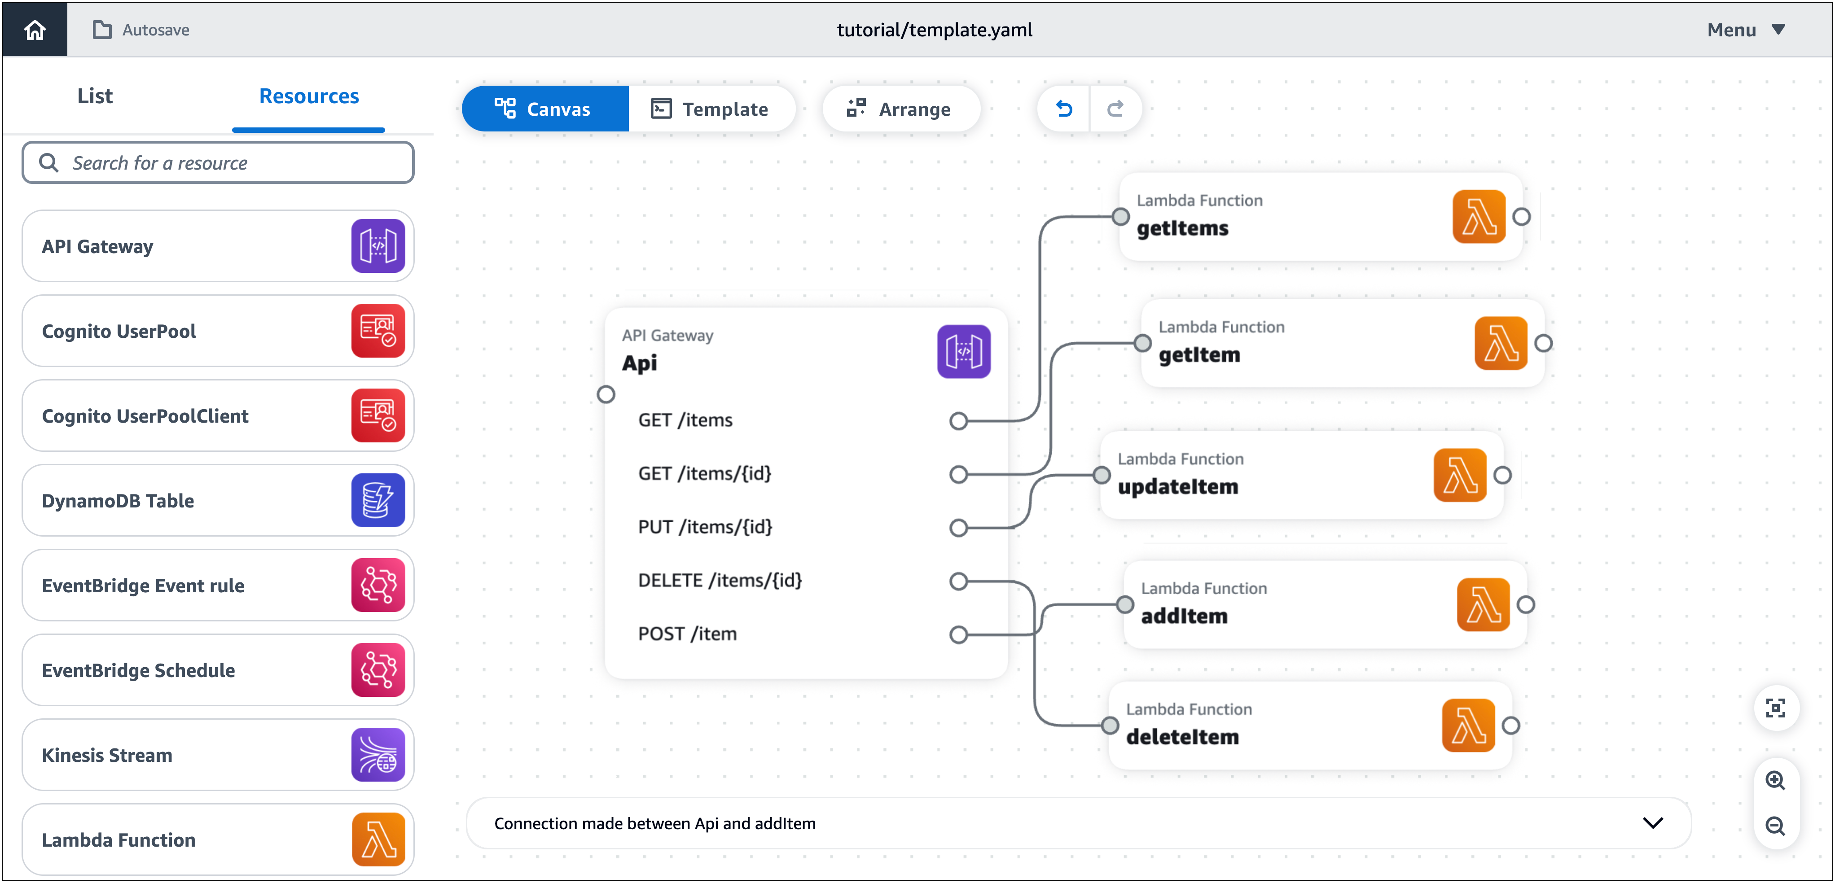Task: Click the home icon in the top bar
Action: (x=34, y=30)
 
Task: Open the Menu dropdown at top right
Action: (x=1745, y=30)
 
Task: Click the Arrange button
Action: (x=900, y=109)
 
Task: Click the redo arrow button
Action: (x=1115, y=109)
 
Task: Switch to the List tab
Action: (x=95, y=96)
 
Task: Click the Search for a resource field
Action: (x=218, y=163)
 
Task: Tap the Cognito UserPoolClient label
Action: (x=145, y=416)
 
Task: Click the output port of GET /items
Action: (x=959, y=421)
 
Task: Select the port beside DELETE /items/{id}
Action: (x=959, y=581)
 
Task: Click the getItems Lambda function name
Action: (x=1182, y=228)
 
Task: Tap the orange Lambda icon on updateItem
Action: (x=1460, y=475)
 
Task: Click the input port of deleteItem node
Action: (x=1110, y=726)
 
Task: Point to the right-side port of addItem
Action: (x=1526, y=604)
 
